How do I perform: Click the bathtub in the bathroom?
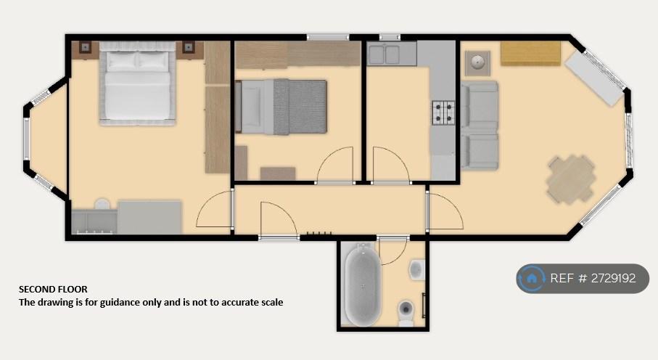pos(363,285)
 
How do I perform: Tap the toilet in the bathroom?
pos(406,313)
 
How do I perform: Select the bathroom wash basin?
pos(416,269)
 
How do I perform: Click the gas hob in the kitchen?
pos(443,112)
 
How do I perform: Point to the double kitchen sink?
pos(384,54)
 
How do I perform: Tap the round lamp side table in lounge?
pos(477,63)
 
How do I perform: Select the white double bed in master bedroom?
pos(137,83)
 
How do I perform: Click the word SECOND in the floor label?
pos(36,290)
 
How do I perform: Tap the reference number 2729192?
pos(614,278)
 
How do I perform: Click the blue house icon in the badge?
pos(531,278)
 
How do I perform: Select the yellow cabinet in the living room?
pos(530,54)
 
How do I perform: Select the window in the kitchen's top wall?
pos(390,38)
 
